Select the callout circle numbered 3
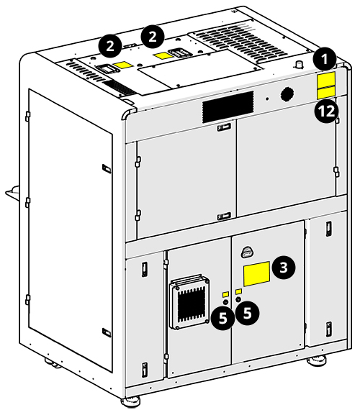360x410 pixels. point(284,268)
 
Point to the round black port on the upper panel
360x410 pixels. point(287,94)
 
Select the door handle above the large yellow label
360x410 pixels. point(246,252)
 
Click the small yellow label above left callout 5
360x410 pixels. point(225,295)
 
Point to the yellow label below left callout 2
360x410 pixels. point(123,65)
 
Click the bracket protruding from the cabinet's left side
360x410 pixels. point(10,193)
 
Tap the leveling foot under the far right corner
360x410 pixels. point(316,362)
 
